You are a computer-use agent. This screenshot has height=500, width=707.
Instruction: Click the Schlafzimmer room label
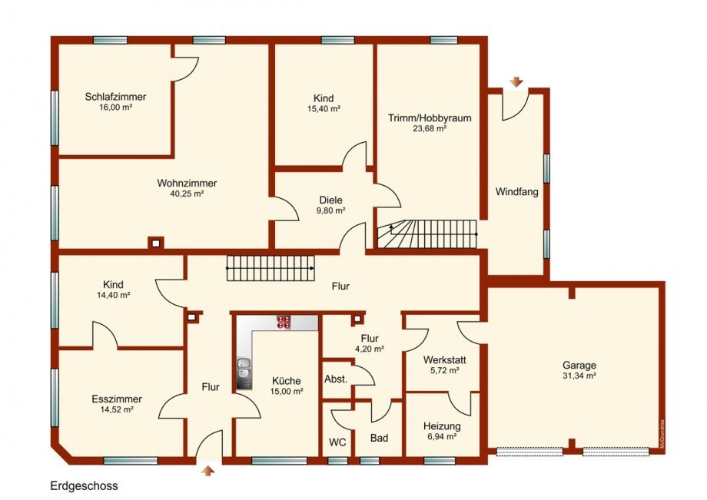(x=115, y=97)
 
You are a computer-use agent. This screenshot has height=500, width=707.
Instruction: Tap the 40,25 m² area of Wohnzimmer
(x=187, y=194)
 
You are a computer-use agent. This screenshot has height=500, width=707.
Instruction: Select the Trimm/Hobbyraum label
(x=430, y=118)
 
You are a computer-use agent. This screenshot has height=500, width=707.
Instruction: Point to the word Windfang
(x=516, y=192)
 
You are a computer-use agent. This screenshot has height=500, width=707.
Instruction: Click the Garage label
(x=579, y=366)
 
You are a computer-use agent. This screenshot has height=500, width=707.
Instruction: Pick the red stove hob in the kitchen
(x=284, y=322)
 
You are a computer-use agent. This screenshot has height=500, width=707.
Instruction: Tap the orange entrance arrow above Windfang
(x=516, y=82)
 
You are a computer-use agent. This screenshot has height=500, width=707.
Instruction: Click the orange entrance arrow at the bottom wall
(x=207, y=470)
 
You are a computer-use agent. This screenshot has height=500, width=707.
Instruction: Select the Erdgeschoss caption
(x=84, y=486)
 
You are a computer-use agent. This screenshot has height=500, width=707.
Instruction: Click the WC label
(x=337, y=442)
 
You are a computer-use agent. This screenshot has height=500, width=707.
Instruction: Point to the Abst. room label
(x=336, y=379)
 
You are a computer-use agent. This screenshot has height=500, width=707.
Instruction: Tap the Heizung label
(x=442, y=426)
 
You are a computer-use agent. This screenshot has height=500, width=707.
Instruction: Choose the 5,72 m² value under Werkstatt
(x=442, y=371)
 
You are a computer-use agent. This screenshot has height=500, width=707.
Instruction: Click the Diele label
(x=331, y=200)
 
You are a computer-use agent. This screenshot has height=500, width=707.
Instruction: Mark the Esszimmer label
(x=117, y=399)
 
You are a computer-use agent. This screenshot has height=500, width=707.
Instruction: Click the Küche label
(x=287, y=381)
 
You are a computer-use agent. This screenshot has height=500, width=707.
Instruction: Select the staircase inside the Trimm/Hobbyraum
(x=427, y=233)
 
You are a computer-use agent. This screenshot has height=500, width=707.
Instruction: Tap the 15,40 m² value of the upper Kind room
(x=324, y=109)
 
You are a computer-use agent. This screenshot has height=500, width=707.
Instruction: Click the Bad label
(x=379, y=438)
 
